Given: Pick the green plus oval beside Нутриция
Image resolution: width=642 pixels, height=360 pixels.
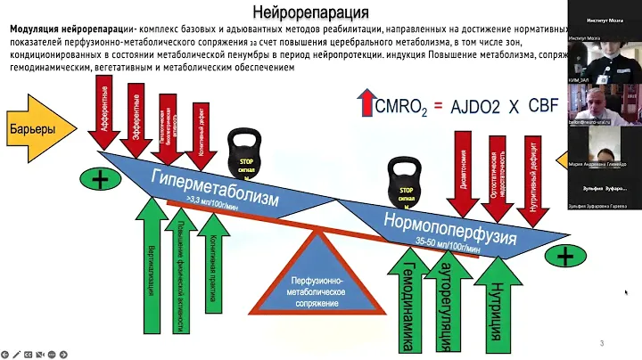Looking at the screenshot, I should [x=565, y=257].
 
